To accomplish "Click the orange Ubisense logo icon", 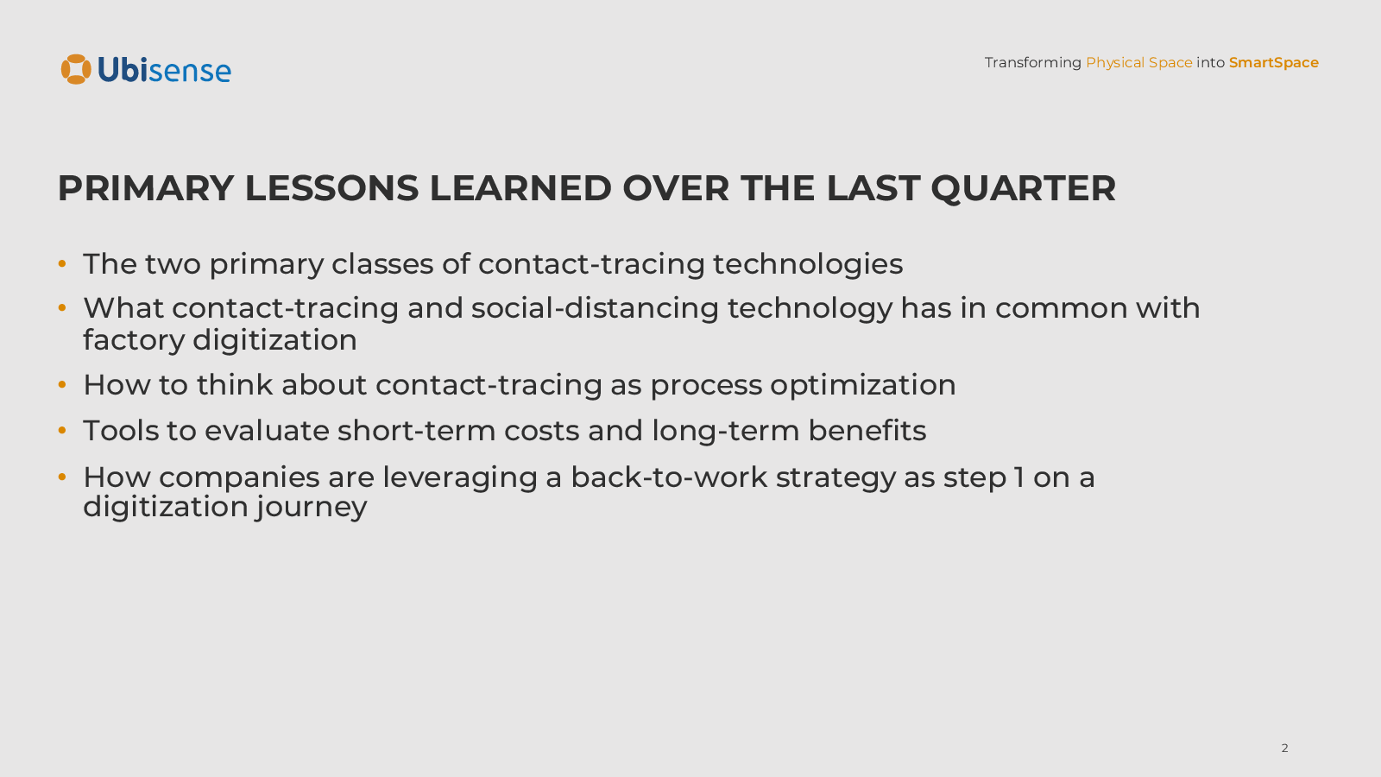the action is coord(76,69).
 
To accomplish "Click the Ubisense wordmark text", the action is coord(165,70).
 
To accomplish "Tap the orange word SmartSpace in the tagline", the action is coord(1274,63).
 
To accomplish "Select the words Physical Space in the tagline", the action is coord(1138,63).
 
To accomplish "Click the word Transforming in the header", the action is coord(1032,63).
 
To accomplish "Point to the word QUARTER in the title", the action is coord(1024,189).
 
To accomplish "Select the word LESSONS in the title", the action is coord(331,189).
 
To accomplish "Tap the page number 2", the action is coord(1285,748).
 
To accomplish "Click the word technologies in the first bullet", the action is coord(808,264).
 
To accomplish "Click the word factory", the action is coord(134,341).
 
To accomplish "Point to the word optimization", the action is coord(862,385).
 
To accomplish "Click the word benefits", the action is coord(867,431).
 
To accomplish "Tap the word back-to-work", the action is coord(669,477).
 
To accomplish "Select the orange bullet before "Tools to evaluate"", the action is coord(61,430).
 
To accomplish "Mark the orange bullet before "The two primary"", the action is coord(61,264).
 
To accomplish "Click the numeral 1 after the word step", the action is coord(1018,477).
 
